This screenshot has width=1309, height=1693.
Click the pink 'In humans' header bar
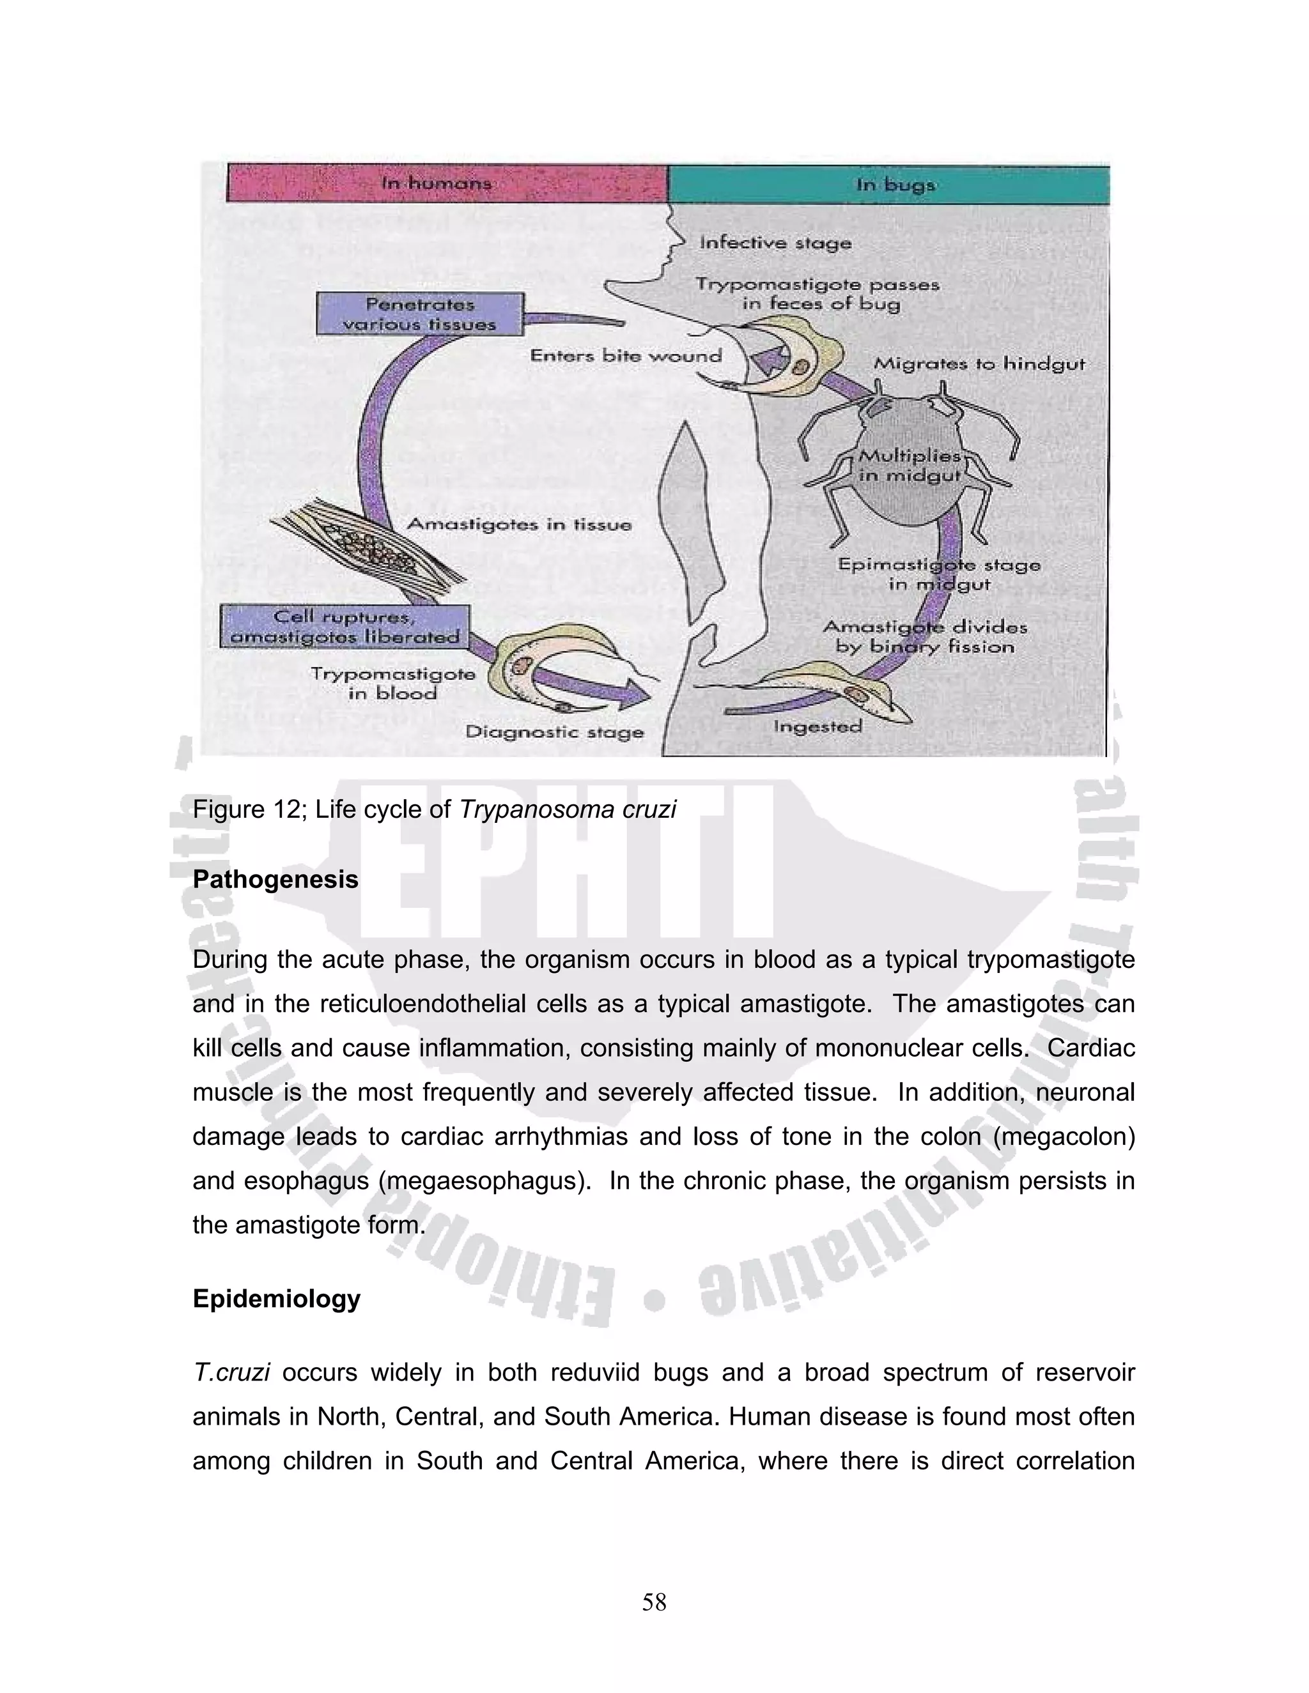(447, 183)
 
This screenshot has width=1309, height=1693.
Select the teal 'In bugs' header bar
(888, 185)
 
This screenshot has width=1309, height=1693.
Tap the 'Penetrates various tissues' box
(419, 314)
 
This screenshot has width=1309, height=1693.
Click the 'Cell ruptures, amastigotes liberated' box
(345, 626)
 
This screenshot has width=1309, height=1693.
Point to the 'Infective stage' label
(775, 243)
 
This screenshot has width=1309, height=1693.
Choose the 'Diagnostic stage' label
(554, 732)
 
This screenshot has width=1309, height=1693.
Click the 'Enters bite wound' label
(625, 356)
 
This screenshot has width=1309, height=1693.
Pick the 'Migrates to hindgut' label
(979, 364)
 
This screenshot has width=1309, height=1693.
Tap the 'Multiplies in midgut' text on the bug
(910, 465)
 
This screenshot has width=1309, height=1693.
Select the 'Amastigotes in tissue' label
(519, 525)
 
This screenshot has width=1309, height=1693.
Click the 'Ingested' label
(817, 726)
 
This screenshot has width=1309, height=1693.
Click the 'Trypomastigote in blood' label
(392, 683)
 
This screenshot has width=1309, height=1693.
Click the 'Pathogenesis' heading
(275, 879)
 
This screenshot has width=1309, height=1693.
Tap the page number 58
(654, 1602)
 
